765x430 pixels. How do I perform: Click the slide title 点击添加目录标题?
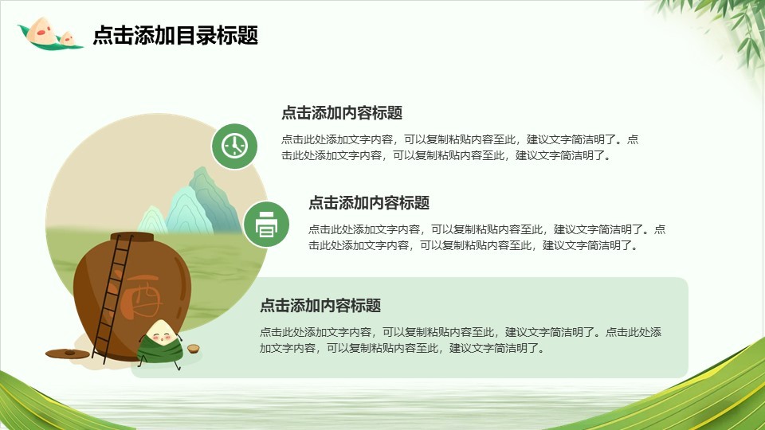point(175,36)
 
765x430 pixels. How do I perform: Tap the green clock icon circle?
point(234,147)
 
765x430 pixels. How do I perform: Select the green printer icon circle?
point(266,225)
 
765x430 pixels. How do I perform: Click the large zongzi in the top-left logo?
point(40,30)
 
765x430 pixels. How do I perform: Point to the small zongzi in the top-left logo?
point(67,38)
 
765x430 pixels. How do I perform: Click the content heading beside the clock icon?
point(342,113)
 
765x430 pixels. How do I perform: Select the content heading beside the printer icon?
point(369,203)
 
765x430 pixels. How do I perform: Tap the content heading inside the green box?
point(320,306)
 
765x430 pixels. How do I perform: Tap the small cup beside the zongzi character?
point(194,348)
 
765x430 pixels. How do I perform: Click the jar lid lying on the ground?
point(67,353)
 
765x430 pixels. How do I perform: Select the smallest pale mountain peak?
point(153,220)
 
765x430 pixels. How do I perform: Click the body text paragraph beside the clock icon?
point(460,147)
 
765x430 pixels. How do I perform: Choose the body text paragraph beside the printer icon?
point(487,237)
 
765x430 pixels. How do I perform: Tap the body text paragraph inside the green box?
point(460,340)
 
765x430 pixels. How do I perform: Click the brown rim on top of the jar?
point(131,237)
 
